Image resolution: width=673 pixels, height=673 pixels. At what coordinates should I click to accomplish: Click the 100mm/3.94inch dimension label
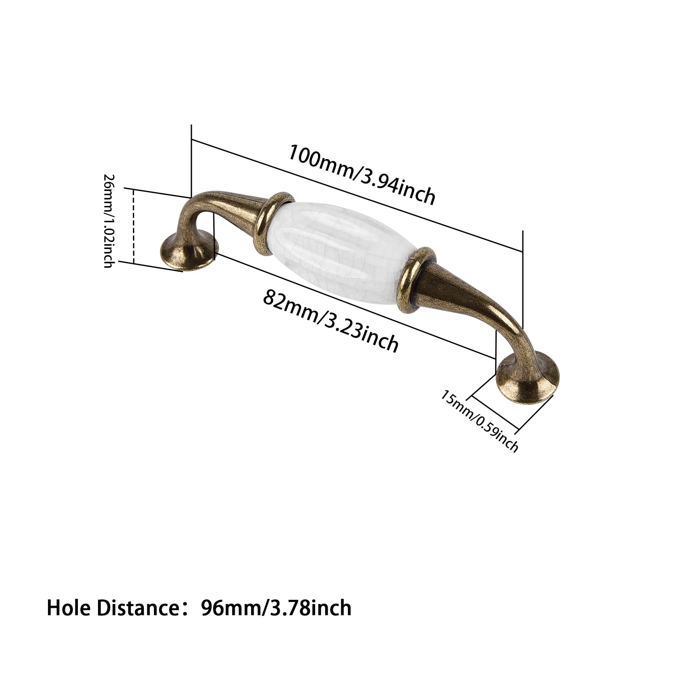(361, 174)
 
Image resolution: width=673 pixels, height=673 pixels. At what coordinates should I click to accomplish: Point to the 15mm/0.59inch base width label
(480, 420)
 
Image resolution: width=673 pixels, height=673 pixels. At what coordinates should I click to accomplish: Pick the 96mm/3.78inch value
(276, 608)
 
